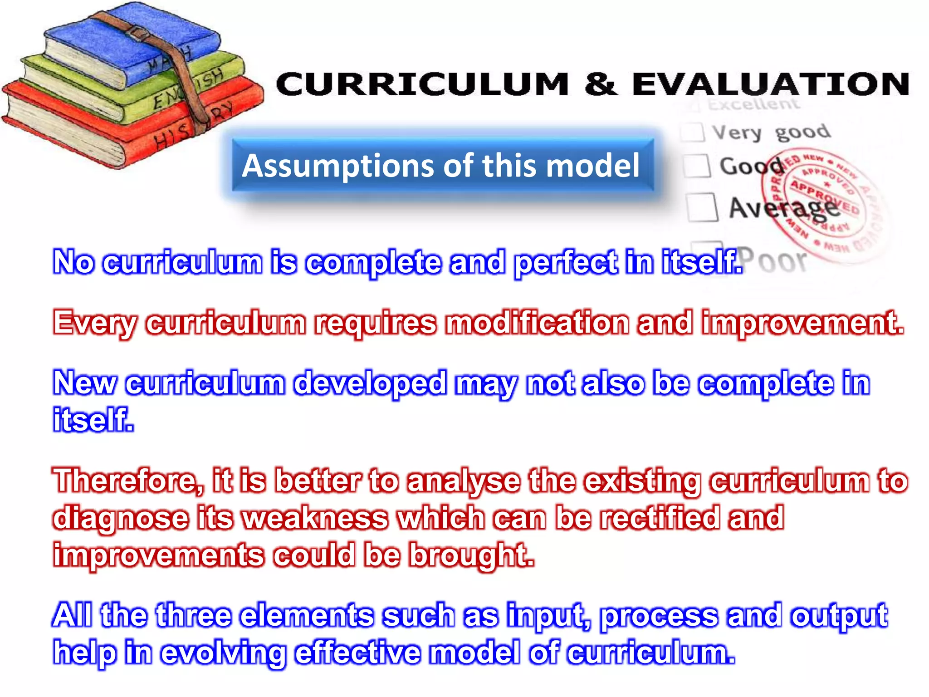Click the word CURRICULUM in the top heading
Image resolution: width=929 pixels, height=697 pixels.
[x=422, y=84]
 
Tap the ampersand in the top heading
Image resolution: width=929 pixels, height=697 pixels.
[x=600, y=84]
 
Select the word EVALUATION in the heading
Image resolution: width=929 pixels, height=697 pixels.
[x=771, y=84]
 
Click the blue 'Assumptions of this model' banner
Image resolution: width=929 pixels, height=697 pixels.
[x=442, y=166]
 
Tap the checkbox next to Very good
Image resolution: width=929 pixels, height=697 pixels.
[x=692, y=132]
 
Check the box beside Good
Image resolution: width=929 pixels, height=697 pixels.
[x=697, y=166]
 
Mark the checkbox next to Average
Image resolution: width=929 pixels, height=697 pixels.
[x=702, y=207]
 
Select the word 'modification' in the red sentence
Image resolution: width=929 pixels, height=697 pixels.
[x=537, y=323]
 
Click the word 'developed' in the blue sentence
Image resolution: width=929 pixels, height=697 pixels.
[x=370, y=383]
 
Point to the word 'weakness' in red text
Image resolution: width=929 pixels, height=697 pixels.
[x=315, y=518]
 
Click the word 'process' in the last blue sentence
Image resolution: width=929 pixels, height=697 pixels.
[x=660, y=616]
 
